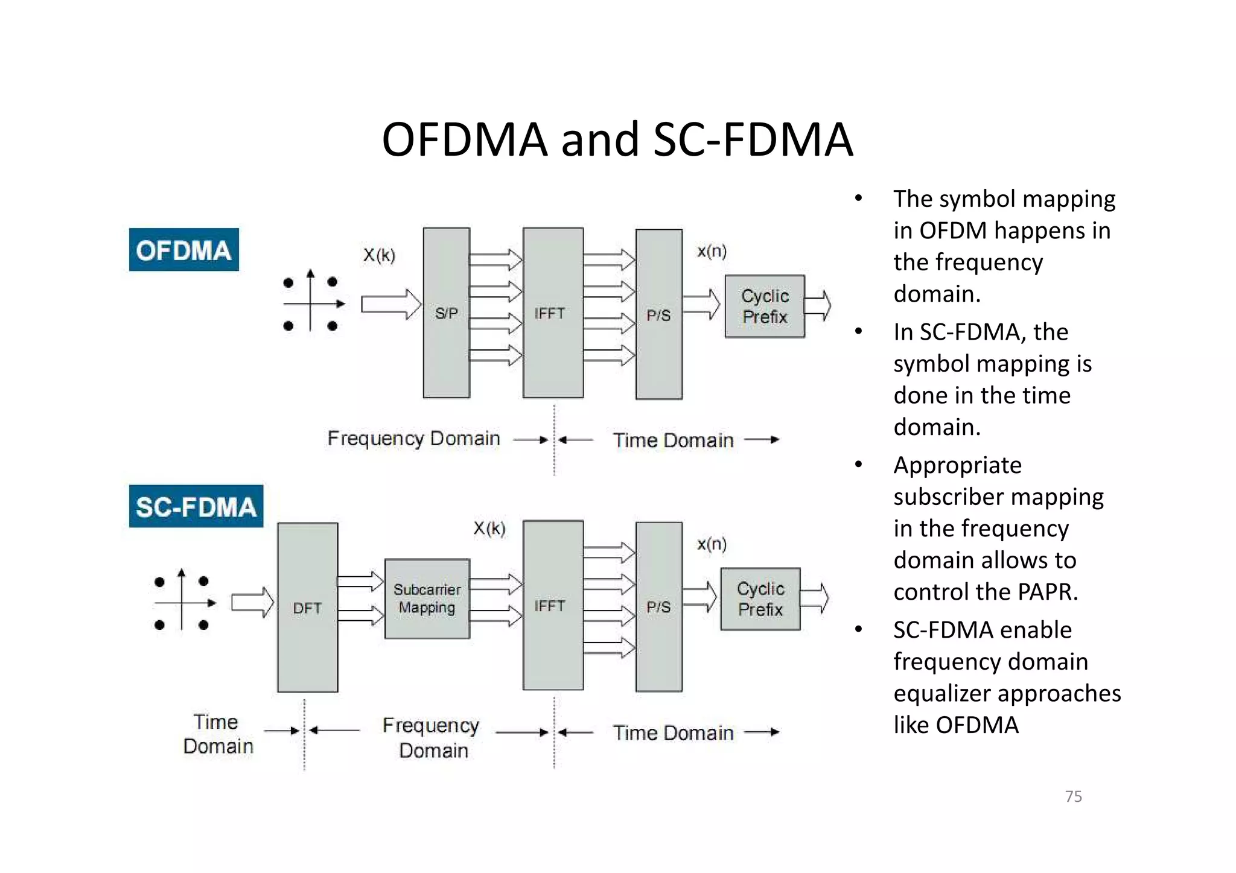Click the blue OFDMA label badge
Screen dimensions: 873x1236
(183, 250)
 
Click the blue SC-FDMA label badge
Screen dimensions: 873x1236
(196, 506)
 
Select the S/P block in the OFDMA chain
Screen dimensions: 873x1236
(446, 313)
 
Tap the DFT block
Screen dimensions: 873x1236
(307, 607)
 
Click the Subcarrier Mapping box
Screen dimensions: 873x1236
(427, 598)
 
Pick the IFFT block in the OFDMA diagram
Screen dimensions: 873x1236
(552, 313)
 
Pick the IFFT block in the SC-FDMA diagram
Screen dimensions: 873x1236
(552, 605)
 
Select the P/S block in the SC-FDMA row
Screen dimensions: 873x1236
(658, 606)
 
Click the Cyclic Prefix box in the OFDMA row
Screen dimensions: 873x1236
(764, 306)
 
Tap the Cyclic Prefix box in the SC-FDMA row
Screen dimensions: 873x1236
(760, 599)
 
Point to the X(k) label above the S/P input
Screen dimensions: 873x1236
(379, 255)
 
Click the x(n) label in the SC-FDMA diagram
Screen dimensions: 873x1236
(712, 544)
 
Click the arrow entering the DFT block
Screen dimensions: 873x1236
(252, 602)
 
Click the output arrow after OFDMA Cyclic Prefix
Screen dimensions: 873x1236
(818, 305)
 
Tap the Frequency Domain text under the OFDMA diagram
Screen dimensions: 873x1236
(413, 439)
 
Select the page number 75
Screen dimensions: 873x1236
(1073, 796)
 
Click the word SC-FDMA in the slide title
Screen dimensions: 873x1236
(753, 139)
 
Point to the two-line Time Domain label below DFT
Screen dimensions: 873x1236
(217, 734)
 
